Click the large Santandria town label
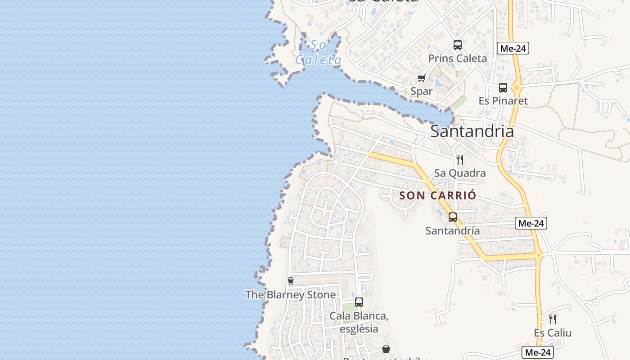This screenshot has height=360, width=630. click(x=472, y=131)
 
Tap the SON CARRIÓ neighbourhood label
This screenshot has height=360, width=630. click(x=437, y=195)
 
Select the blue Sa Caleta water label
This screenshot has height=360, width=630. click(x=318, y=53)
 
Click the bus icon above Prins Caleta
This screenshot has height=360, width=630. click(x=457, y=45)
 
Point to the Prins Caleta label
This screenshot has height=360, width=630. click(x=457, y=58)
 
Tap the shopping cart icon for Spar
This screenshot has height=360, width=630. click(x=421, y=78)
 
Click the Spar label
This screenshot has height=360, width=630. click(x=421, y=91)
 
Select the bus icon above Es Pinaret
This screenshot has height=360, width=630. click(x=503, y=88)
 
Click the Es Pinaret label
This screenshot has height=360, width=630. click(x=503, y=101)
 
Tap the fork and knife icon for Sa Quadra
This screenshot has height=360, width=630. click(x=459, y=160)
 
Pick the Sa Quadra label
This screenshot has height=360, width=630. click(x=459, y=173)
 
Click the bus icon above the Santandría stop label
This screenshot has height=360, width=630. click(x=452, y=217)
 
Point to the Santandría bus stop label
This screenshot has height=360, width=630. click(x=452, y=231)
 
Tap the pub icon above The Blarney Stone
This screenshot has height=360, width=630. click(x=290, y=281)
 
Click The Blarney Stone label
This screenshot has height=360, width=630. click(x=290, y=295)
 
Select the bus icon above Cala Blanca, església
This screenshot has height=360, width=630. click(x=359, y=302)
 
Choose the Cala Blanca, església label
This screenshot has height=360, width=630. click(x=359, y=322)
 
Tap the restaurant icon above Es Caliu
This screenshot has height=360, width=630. click(x=552, y=319)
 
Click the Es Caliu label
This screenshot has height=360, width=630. click(x=552, y=333)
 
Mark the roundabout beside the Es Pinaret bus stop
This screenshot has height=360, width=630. click(x=517, y=87)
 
